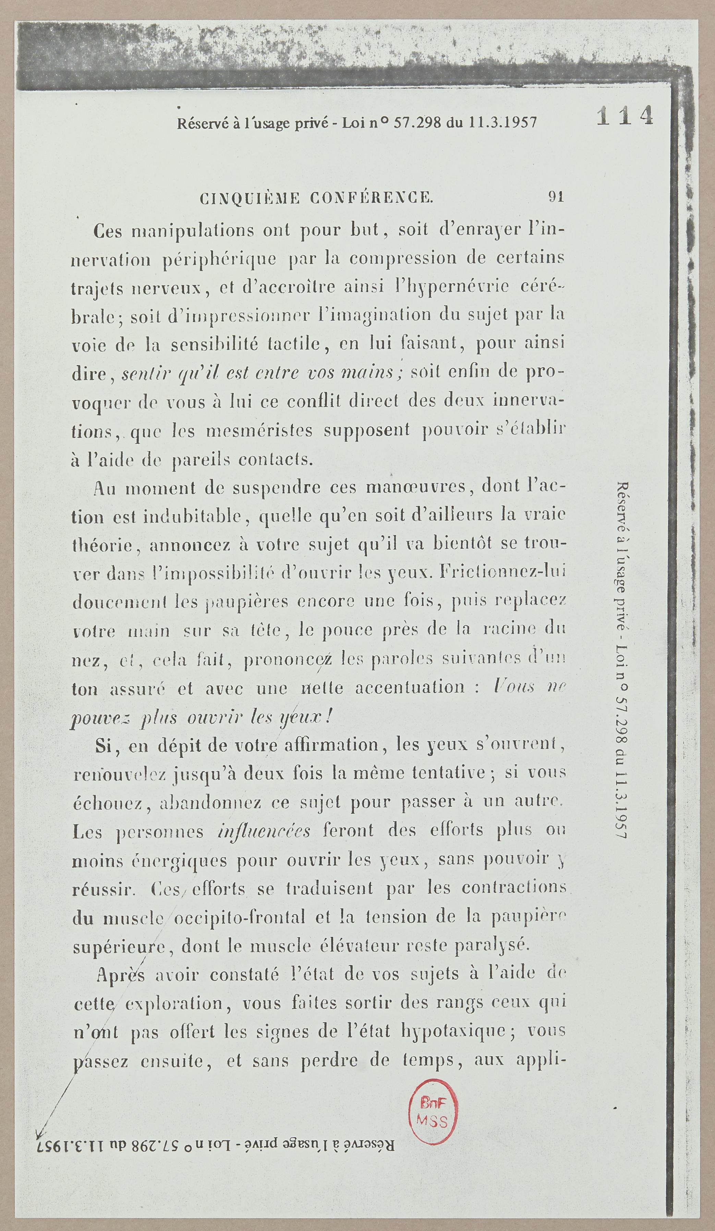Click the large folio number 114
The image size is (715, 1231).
pyautogui.click(x=625, y=116)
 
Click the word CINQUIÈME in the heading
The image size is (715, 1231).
pyautogui.click(x=250, y=198)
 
